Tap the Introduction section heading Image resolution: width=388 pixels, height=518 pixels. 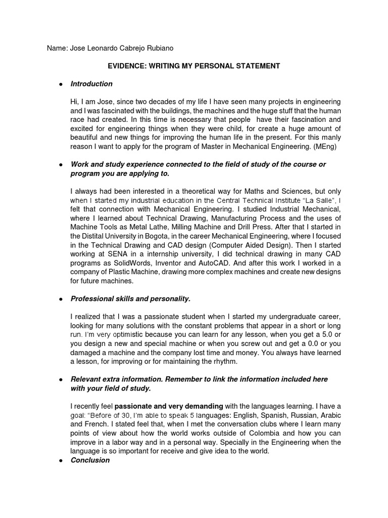point(91,84)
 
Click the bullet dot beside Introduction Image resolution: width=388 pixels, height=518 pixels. point(60,84)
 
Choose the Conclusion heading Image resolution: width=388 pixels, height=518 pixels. point(90,460)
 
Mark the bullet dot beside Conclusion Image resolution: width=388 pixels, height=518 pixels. point(60,460)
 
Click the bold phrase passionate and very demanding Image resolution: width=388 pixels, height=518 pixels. point(169,406)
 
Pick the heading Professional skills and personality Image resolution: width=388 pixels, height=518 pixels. point(130,299)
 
